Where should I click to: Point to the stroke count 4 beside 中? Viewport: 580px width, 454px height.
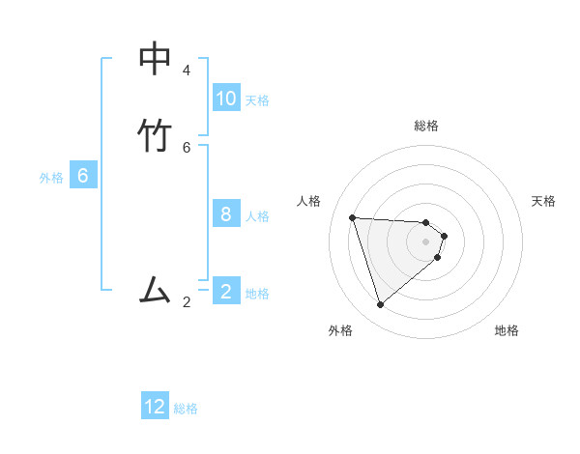(x=187, y=71)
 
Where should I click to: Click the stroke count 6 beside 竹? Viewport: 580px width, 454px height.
(x=187, y=147)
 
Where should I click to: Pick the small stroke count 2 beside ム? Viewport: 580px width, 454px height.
(x=187, y=302)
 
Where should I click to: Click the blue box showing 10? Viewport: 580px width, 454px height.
(x=226, y=98)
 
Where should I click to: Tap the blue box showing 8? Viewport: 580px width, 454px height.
(x=226, y=213)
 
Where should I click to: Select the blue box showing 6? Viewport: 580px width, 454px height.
(x=83, y=176)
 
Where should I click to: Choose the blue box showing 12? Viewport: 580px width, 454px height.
(x=155, y=407)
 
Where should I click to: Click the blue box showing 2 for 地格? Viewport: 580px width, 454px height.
(x=226, y=291)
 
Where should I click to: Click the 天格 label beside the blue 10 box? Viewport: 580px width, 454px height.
(x=257, y=99)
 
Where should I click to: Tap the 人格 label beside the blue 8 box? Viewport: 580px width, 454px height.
(x=257, y=215)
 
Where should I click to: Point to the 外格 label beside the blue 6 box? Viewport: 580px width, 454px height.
(x=51, y=178)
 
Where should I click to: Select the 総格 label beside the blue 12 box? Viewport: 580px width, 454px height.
(x=186, y=409)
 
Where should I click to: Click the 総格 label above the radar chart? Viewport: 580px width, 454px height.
(x=426, y=126)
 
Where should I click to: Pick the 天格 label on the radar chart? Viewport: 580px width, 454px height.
(x=543, y=201)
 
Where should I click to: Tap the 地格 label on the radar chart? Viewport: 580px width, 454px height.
(x=507, y=330)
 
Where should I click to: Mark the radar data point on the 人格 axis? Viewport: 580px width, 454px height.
(x=352, y=217)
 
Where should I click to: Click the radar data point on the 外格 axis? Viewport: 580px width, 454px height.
(x=380, y=305)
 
